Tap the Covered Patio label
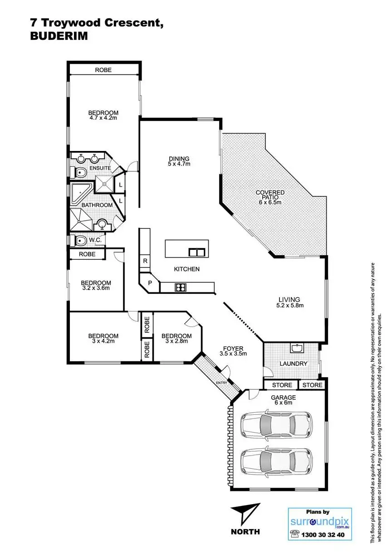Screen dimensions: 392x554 coord(270,195)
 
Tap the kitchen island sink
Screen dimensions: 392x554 coord(196,252)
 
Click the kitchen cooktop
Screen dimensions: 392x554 coord(180,287)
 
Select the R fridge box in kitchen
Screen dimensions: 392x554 coord(145,261)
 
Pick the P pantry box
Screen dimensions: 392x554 coord(150,283)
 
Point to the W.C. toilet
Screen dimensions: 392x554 coord(80,240)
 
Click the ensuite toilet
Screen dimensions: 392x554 coord(79,172)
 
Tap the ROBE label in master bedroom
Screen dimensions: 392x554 coord(103,70)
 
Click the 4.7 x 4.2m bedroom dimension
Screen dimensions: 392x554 coord(103,118)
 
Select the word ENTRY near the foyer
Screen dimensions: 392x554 coord(221,383)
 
